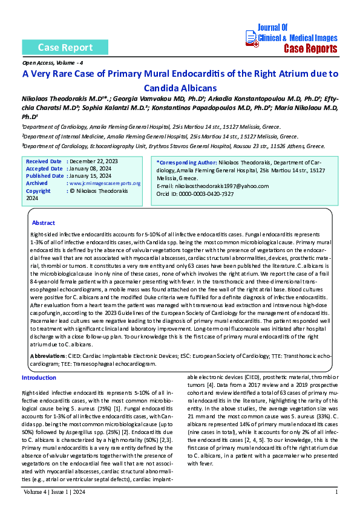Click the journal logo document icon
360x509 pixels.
[x=251, y=38]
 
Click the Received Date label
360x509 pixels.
[x=44, y=161]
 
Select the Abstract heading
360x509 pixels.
[x=43, y=223]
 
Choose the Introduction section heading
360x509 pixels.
[x=39, y=378]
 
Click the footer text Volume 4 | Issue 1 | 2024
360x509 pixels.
[x=55, y=492]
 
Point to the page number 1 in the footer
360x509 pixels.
[x=336, y=492]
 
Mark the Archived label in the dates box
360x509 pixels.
[x=37, y=183]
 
